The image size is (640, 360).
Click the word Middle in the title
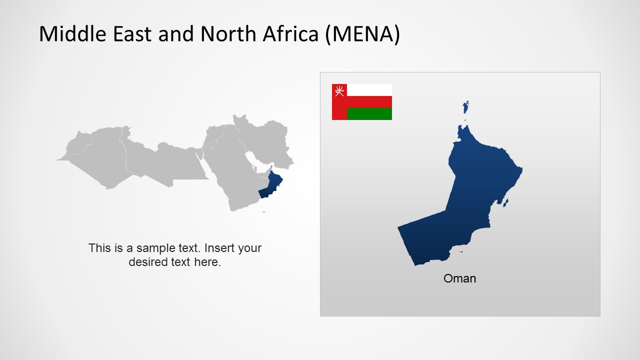tap(72, 33)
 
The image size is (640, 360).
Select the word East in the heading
tap(132, 33)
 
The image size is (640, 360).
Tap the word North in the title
tap(228, 33)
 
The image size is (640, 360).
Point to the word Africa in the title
tap(290, 33)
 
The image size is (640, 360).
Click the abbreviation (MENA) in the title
tap(362, 34)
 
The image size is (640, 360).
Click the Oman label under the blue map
tap(459, 278)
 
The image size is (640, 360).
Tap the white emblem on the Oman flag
tap(339, 91)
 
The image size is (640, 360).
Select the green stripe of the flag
tap(369, 114)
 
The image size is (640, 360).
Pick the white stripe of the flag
tap(369, 90)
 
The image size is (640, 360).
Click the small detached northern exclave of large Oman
tap(465, 107)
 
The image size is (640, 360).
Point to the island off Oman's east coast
tap(505, 203)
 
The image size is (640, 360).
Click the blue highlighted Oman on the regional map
tap(271, 185)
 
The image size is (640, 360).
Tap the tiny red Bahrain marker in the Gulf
tap(253, 166)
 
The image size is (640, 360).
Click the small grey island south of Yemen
tap(263, 212)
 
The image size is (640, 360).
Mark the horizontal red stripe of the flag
tap(369, 102)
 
